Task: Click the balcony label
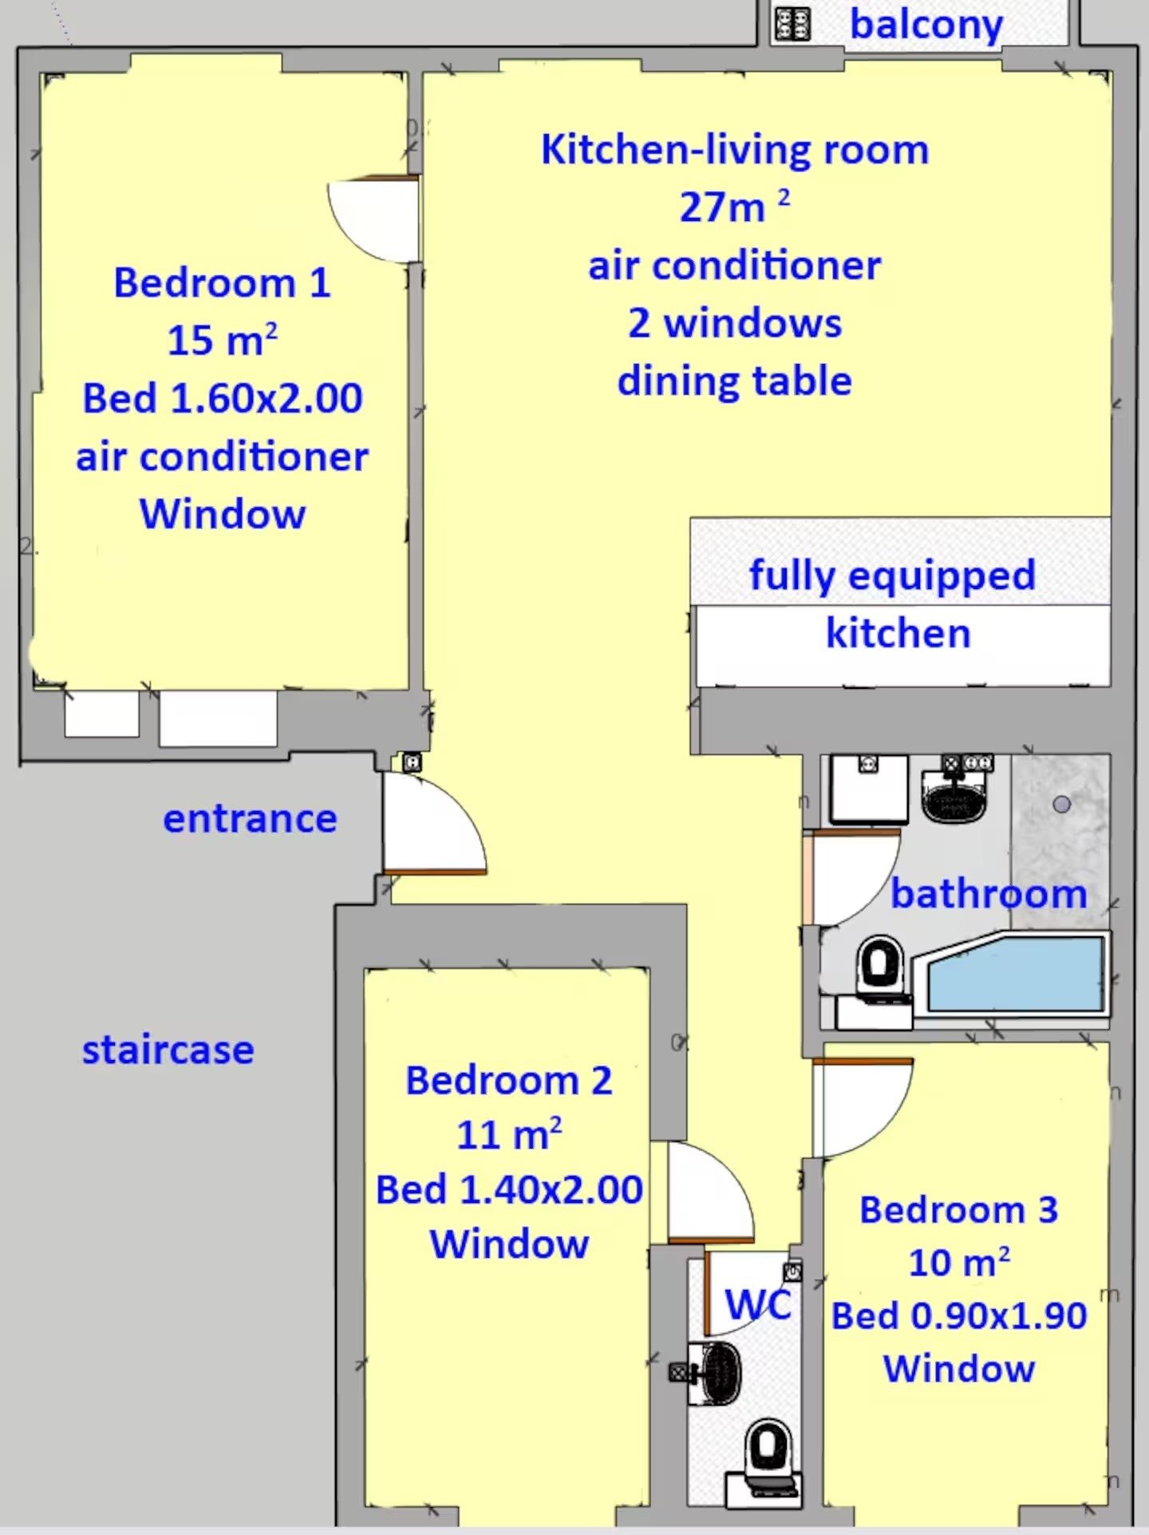tap(926, 26)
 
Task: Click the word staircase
tap(168, 1050)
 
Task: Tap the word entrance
tap(250, 819)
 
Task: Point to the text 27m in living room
tap(722, 208)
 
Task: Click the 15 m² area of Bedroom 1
tap(222, 340)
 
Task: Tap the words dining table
tap(734, 381)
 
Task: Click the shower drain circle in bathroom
tap(1061, 804)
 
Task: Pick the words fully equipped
tap(892, 575)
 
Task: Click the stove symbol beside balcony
tap(792, 24)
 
